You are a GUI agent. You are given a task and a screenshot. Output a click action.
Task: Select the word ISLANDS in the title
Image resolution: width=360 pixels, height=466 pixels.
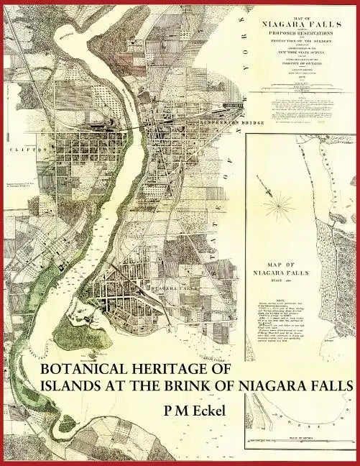point(73,386)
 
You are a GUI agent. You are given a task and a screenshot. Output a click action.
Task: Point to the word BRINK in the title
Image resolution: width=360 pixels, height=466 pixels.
point(208,386)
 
